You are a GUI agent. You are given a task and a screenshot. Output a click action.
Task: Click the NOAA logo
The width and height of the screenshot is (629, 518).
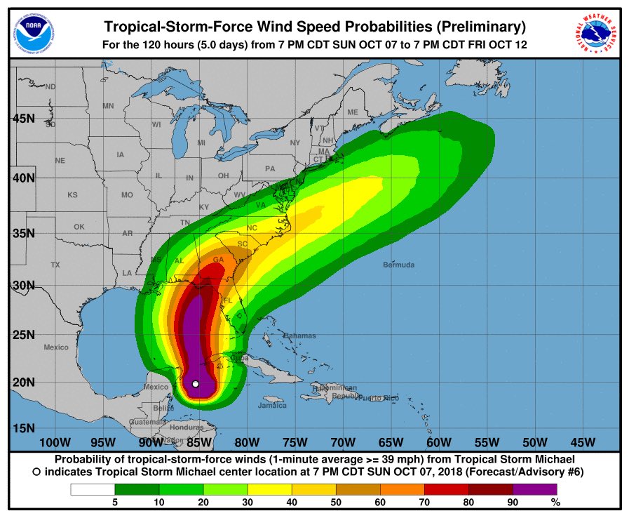30,31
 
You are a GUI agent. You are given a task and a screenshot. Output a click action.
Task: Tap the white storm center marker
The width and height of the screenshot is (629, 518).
196,383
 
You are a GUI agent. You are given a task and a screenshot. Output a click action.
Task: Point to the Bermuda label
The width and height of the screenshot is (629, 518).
398,265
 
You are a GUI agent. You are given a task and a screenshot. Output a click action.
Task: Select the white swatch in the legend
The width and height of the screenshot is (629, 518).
93,489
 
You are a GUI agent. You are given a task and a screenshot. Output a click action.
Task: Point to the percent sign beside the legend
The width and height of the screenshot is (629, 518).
555,503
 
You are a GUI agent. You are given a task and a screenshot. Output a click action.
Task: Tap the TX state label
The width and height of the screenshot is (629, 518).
55,265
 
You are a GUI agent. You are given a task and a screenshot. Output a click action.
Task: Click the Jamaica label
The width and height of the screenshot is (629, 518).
273,405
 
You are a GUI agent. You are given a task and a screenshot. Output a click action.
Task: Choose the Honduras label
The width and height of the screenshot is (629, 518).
186,427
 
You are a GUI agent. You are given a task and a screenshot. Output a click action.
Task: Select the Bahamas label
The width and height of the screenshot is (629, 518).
300,336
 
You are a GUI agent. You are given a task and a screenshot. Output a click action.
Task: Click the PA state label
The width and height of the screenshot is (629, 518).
270,168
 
